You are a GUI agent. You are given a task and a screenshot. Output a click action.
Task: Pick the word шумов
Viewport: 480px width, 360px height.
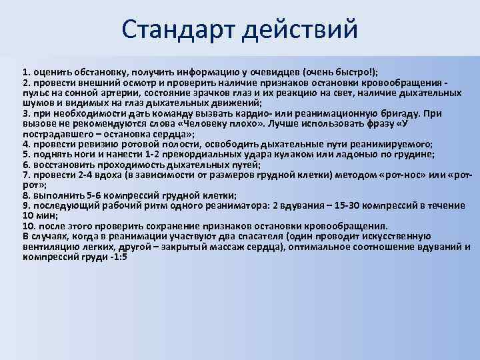(37, 103)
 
